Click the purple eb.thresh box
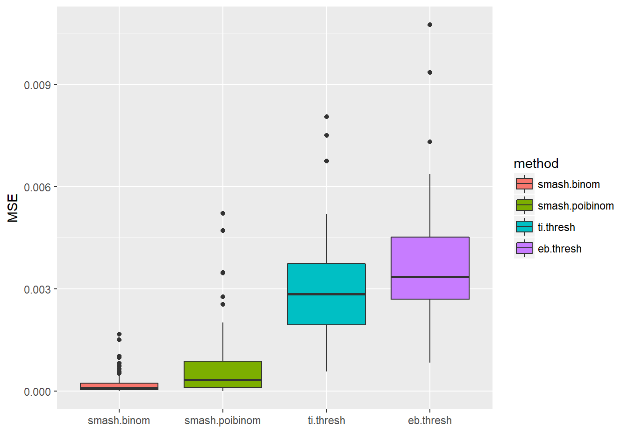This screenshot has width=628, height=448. click(430, 257)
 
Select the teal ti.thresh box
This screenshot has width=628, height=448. click(326, 280)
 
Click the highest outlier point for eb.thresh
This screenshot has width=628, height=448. click(430, 25)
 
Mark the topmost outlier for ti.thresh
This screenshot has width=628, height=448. click(327, 117)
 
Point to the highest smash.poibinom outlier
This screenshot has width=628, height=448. click(223, 213)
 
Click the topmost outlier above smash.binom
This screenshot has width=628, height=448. click(119, 334)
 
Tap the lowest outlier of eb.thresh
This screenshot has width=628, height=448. click(430, 142)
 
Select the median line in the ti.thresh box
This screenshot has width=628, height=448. click(326, 294)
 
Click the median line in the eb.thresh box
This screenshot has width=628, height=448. click(430, 277)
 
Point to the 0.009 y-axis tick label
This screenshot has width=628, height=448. click(37, 85)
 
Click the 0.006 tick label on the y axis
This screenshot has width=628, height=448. click(37, 187)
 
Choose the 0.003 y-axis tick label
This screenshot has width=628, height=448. click(37, 289)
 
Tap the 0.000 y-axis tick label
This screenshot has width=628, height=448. click(37, 392)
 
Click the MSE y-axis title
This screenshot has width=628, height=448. click(13, 208)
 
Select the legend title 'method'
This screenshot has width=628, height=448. click(536, 163)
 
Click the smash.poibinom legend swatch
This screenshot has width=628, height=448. click(524, 205)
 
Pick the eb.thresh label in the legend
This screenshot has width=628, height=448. click(559, 249)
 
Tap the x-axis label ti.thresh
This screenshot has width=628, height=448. click(326, 420)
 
